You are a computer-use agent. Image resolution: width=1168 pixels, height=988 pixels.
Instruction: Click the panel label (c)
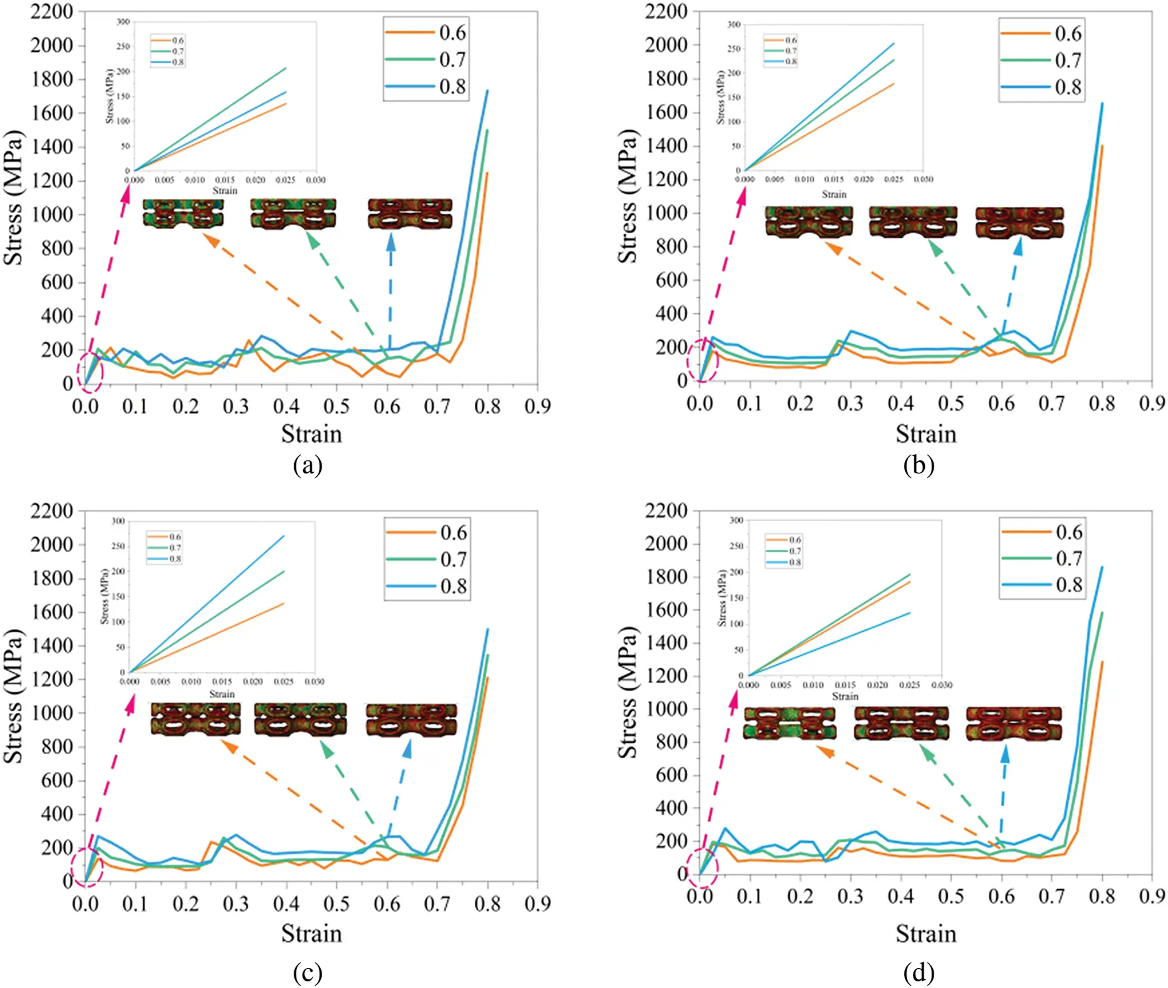coord(308,973)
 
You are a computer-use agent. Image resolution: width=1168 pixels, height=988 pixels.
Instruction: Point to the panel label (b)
coord(919,465)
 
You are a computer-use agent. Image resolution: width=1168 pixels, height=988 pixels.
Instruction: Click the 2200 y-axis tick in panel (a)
coord(52,12)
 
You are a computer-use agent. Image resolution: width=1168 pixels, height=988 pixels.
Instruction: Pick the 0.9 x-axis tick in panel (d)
coord(1152,895)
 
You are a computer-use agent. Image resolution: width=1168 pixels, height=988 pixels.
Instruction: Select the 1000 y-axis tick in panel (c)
coord(52,712)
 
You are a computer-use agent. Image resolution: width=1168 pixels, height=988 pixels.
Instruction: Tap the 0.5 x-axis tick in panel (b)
coord(951,403)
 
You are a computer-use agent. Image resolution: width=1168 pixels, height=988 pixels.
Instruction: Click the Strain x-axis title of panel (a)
coord(311,434)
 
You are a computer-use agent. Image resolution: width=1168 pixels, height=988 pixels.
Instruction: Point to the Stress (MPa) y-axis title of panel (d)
coord(628,692)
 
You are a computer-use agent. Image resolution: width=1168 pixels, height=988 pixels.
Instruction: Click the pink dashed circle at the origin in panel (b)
coord(702,360)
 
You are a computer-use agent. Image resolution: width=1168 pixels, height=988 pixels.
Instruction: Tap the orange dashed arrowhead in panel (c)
coord(228,746)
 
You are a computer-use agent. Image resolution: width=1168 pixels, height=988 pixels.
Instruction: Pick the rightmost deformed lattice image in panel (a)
coord(410,214)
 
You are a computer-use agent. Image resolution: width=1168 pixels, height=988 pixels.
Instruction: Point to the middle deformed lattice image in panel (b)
coord(913,222)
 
